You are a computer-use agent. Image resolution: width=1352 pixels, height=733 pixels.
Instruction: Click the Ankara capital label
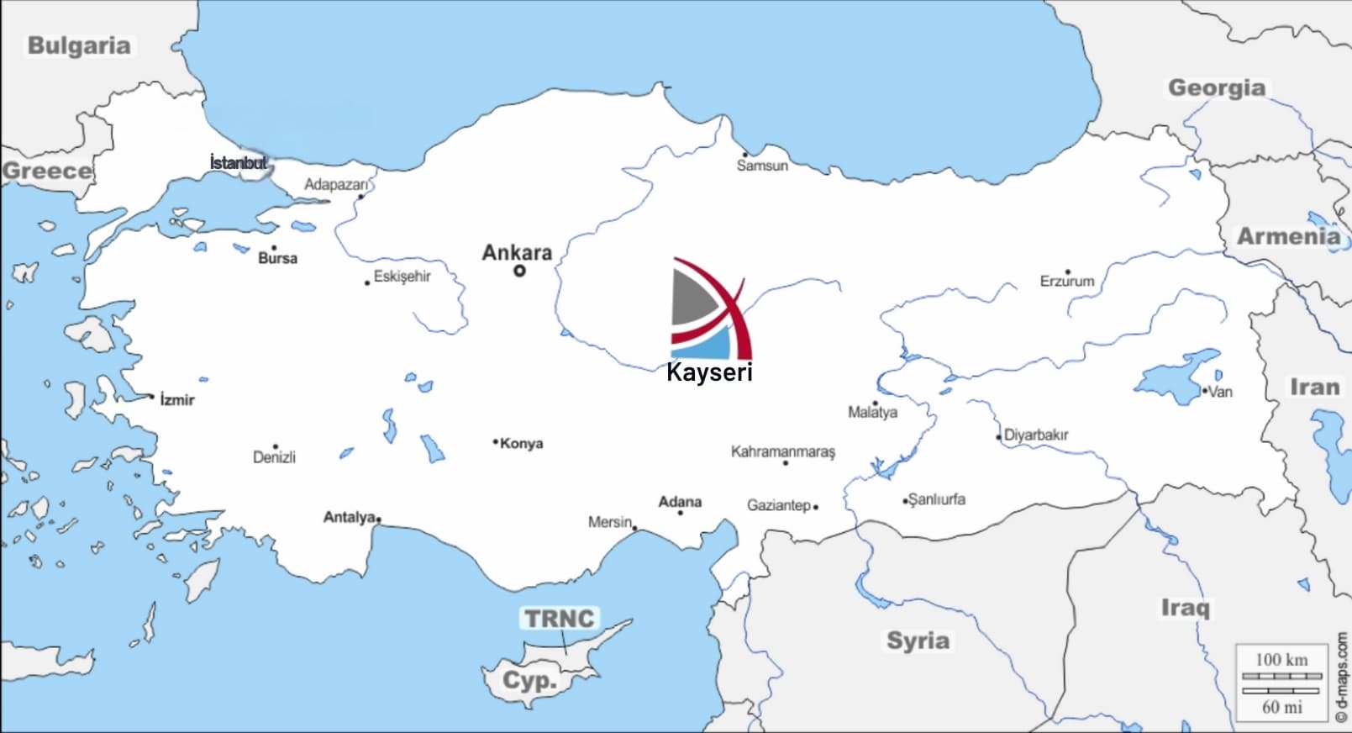517,252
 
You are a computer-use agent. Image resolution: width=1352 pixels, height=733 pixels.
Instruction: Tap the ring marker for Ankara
519,271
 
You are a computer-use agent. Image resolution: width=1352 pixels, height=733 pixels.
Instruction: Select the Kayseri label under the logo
709,372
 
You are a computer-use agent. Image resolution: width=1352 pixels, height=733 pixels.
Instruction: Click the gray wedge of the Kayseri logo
691,301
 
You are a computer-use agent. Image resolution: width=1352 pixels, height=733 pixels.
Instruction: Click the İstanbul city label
239,162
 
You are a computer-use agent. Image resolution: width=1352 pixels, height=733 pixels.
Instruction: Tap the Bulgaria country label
79,45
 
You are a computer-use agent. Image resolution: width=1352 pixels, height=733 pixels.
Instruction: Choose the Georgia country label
1216,87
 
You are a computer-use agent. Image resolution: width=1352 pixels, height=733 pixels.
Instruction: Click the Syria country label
918,641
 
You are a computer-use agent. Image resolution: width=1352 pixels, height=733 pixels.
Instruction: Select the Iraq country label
1185,607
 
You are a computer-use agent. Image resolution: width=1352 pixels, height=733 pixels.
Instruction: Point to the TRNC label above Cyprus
559,619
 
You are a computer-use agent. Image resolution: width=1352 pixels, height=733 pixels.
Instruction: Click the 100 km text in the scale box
1281,660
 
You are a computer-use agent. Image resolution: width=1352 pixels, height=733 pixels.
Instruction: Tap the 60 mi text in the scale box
1281,707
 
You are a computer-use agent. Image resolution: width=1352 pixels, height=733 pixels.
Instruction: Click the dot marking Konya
496,441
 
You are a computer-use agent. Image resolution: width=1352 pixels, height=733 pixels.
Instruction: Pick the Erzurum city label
1067,282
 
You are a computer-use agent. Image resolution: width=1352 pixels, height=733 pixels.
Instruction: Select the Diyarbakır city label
1036,435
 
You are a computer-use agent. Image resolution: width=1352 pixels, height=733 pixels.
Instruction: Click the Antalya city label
349,517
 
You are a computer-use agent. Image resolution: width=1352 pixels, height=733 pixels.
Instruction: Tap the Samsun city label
762,166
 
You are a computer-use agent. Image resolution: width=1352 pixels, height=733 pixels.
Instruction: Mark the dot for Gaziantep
816,507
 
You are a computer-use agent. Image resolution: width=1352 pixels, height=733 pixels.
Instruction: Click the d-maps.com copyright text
1341,677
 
